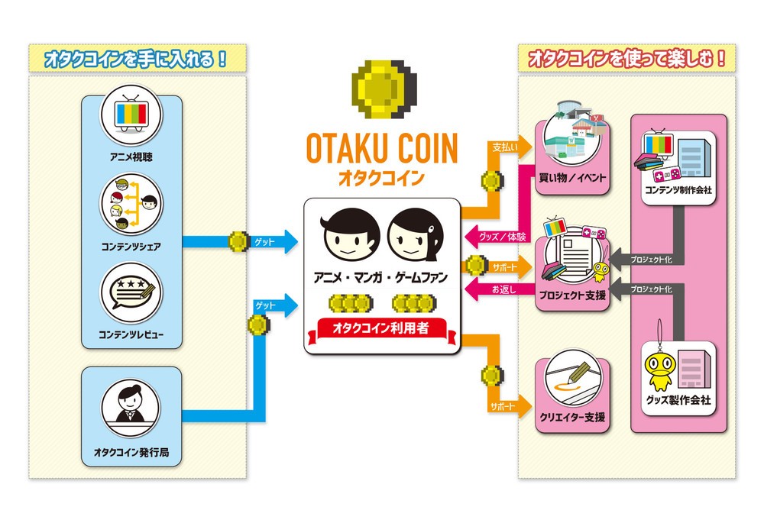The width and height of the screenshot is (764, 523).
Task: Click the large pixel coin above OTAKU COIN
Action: [x=380, y=89]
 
